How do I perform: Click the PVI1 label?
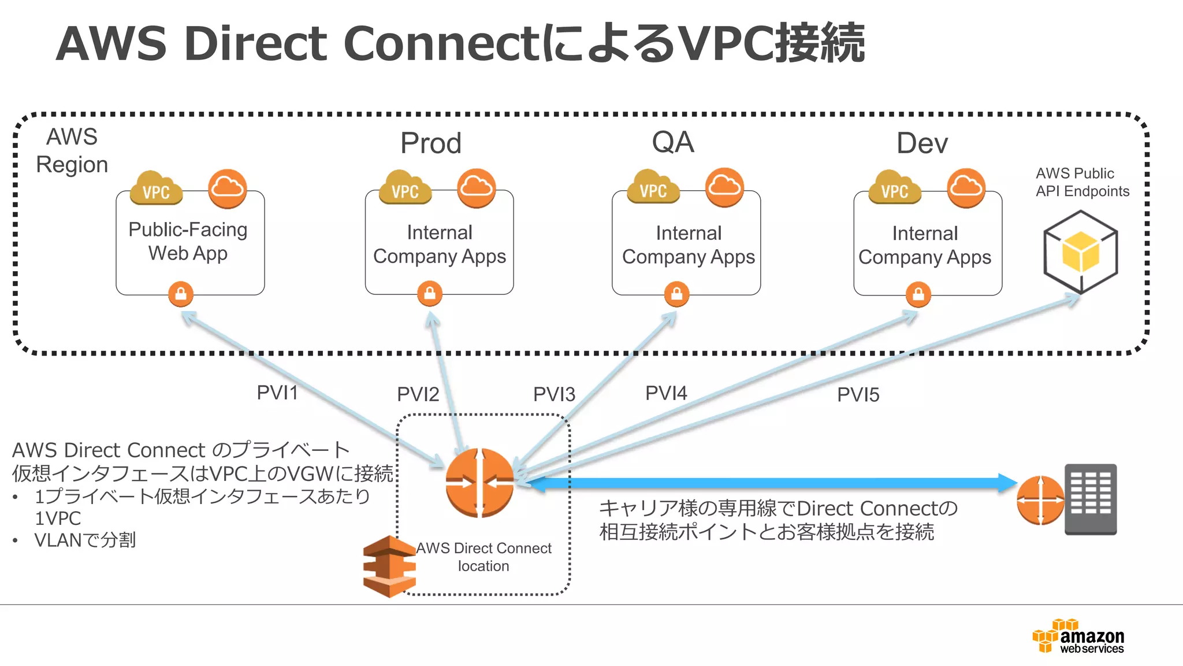[x=277, y=393]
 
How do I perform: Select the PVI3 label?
[x=554, y=394]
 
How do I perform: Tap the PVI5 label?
[x=858, y=395]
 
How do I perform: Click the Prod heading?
[x=431, y=143]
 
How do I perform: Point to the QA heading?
[x=672, y=142]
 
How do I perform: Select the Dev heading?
[x=922, y=143]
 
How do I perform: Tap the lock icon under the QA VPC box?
[x=676, y=294]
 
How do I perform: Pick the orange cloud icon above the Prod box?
[x=476, y=188]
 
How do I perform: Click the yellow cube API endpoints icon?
[x=1080, y=251]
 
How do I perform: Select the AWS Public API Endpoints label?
[x=1081, y=182]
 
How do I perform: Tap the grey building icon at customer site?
[x=1091, y=499]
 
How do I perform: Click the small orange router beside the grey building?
[x=1040, y=500]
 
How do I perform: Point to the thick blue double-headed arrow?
[x=768, y=483]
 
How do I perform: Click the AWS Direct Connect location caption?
[x=483, y=557]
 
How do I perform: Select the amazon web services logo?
[x=1079, y=637]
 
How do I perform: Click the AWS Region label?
[x=72, y=151]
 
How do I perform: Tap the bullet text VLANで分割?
[x=85, y=540]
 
